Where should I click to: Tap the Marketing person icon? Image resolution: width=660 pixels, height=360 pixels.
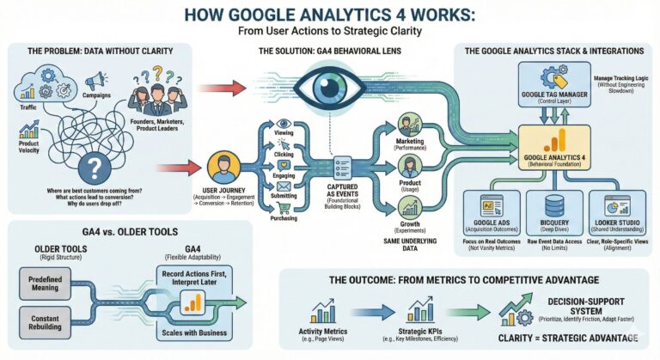409,121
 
